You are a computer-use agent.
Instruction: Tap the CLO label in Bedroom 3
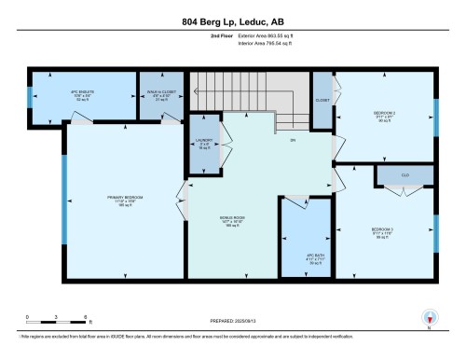coord(404,174)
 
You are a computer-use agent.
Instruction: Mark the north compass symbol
coord(429,318)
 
